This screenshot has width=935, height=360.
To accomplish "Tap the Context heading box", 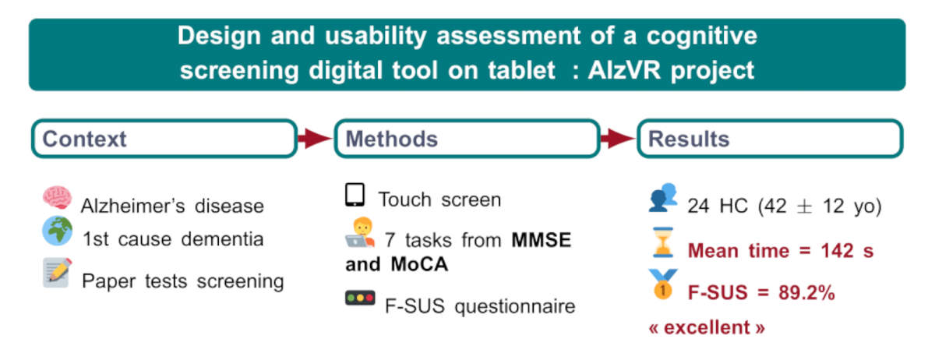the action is pos(164,139).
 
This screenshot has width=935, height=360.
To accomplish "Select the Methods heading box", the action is pos(467,139).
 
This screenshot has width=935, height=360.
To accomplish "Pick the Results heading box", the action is pos(770,139).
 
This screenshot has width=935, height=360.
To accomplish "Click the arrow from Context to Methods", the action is pos(316,139).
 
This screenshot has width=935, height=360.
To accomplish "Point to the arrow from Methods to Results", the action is pos(619,139).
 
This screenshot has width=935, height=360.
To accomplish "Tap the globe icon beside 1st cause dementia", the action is pos(57,231).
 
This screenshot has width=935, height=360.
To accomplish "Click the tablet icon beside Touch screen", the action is pos(355,196).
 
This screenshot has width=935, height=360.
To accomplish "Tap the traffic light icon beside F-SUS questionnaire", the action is pos(360,299).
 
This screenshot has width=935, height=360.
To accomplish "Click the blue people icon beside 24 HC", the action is pos(663,199).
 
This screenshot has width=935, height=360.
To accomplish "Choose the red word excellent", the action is pos(707,327).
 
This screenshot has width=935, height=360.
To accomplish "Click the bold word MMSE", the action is pos(542,240).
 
